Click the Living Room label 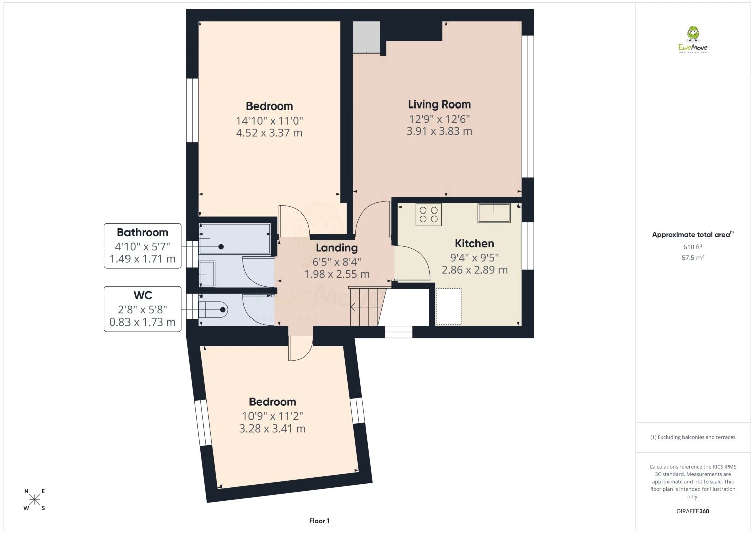(439, 104)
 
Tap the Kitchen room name (474, 243)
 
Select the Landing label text (337, 248)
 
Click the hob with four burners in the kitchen (429, 215)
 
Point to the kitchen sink (494, 213)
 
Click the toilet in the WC (213, 310)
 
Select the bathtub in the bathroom (234, 238)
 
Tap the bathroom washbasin (207, 274)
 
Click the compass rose (34, 500)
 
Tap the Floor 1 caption (319, 521)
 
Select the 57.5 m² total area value (692, 257)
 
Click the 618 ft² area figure (692, 247)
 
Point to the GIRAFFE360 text (693, 511)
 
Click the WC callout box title (143, 295)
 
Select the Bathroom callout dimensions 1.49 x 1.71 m (143, 259)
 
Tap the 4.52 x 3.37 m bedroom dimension (269, 133)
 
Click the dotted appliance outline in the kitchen (448, 306)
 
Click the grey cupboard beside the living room (366, 37)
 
